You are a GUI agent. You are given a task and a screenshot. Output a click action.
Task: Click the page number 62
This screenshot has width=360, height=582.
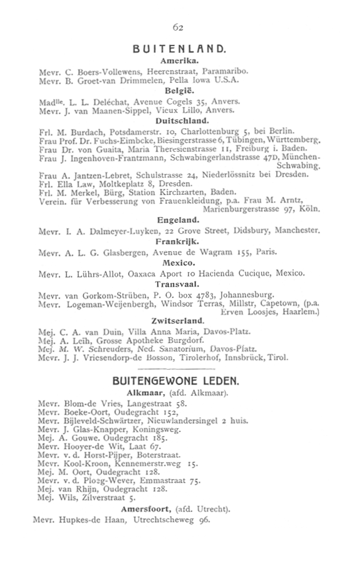click(x=178, y=28)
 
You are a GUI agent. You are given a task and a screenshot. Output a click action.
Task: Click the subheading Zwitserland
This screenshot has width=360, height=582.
click(x=178, y=322)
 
